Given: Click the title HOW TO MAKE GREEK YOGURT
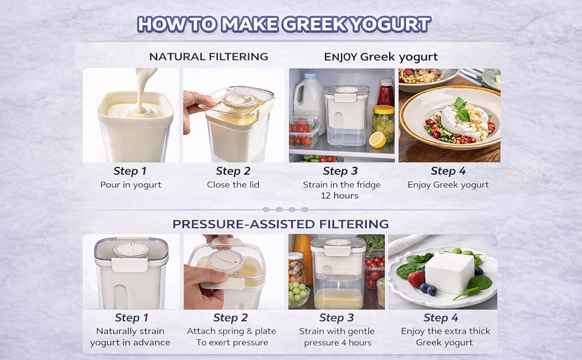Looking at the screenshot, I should (284, 24).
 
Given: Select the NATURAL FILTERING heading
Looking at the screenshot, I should (208, 57).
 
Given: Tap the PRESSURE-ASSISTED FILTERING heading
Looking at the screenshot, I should (281, 224).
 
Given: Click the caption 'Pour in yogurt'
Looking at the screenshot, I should (131, 185).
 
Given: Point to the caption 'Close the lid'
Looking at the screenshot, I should (233, 185).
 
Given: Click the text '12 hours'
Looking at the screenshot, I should (339, 196).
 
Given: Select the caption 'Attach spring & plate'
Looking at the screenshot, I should (232, 331).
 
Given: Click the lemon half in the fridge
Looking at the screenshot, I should (377, 140).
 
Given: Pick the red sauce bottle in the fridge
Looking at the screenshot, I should (385, 92).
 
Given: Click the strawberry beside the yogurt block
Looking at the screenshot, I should (416, 278).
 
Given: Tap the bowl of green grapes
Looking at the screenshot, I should (299, 295).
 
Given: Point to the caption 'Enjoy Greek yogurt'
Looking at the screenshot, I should (448, 185).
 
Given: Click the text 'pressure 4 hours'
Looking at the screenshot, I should (337, 343).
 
